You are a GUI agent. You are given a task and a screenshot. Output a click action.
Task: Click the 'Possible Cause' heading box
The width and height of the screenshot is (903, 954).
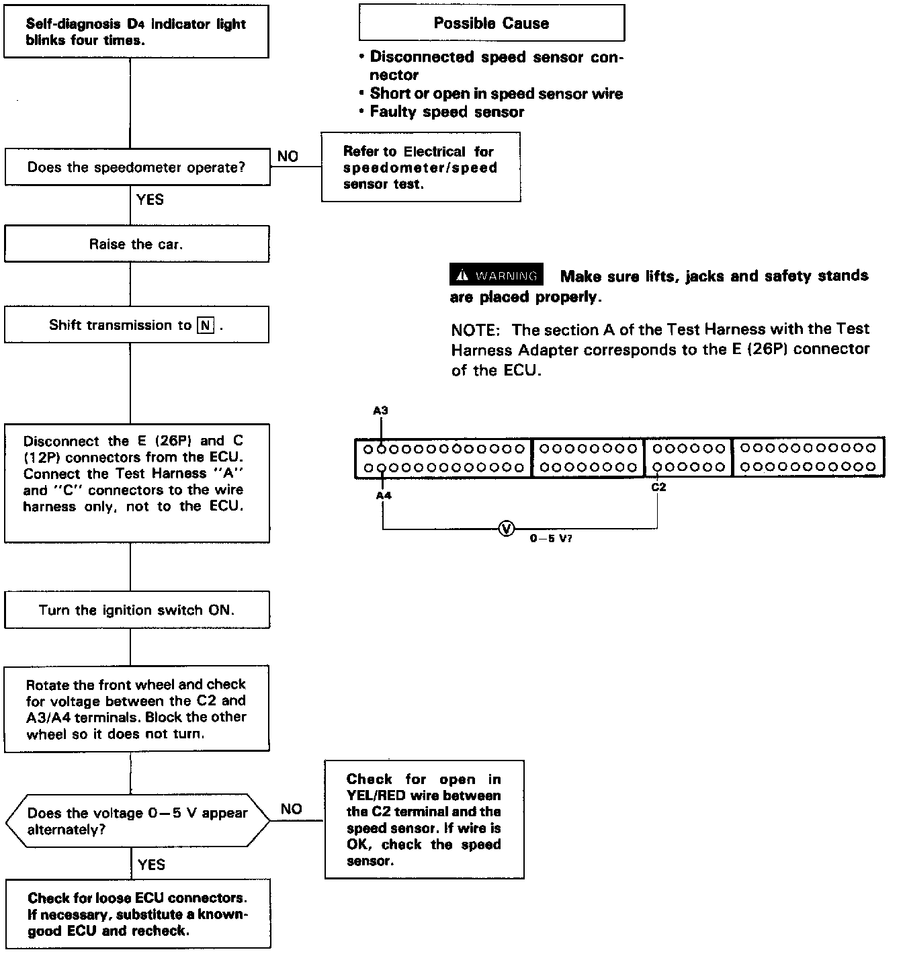point(491,24)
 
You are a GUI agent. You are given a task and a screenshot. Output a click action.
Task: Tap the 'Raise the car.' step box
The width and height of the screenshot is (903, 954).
point(136,244)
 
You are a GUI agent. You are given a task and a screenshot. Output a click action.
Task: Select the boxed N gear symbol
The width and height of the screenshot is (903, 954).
point(205,326)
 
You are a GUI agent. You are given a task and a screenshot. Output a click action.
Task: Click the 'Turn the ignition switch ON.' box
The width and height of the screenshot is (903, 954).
point(136,610)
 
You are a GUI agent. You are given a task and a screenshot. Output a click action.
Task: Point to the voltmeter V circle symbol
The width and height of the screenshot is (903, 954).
point(507,529)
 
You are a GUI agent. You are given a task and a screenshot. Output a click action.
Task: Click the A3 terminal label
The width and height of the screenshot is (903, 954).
point(380,410)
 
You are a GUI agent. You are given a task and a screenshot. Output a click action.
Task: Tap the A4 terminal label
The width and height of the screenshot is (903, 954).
point(383,495)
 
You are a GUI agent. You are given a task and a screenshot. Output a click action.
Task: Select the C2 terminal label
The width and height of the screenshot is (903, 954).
point(658,487)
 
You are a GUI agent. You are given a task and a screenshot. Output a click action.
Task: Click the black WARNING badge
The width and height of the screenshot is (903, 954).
point(497,275)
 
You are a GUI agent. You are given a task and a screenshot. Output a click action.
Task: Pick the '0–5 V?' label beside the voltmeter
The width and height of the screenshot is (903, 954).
point(551,539)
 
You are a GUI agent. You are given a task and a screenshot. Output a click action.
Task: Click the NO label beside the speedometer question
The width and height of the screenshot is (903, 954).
point(288,157)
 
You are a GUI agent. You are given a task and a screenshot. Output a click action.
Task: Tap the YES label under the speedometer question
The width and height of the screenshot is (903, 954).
point(150,200)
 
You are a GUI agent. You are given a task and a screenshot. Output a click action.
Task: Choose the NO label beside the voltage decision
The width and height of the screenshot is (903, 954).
point(291,809)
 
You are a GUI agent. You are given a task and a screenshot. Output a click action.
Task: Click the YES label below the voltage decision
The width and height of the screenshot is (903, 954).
point(151,864)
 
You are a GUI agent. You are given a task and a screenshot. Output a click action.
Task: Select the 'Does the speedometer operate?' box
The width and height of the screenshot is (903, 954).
point(136,167)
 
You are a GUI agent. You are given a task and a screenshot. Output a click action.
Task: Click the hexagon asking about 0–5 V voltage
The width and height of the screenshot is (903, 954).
point(136,821)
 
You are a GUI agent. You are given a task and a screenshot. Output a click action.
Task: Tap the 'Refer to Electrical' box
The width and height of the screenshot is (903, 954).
point(421,167)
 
